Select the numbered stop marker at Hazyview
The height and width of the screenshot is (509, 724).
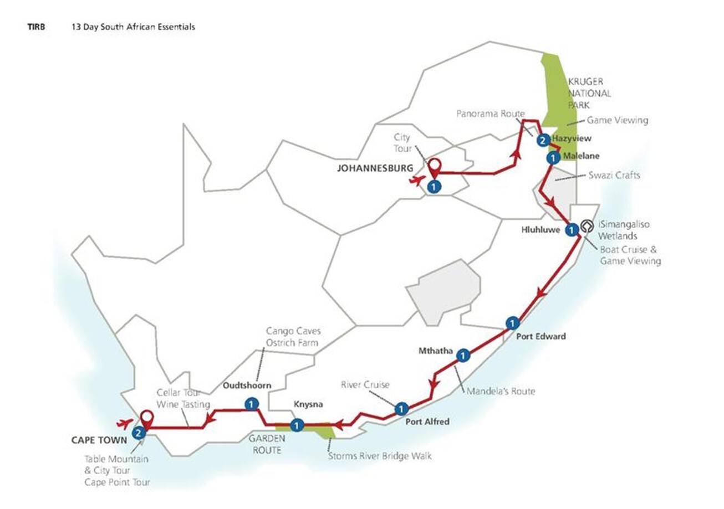tap(544, 140)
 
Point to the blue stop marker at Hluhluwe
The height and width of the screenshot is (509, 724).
tap(570, 229)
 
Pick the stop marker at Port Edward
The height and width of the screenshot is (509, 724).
tap(513, 322)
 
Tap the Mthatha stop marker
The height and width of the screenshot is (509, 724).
tap(463, 355)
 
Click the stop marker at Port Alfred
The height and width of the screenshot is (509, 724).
tap(401, 409)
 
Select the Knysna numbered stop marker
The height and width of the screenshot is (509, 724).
tap(297, 425)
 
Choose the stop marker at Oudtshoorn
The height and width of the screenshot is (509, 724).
tap(252, 404)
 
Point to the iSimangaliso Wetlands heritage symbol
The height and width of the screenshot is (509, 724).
tap(587, 227)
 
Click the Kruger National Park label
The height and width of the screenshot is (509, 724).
tap(589, 93)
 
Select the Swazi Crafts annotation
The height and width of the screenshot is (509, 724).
tap(614, 176)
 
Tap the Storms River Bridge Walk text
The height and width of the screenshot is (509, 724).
tap(379, 456)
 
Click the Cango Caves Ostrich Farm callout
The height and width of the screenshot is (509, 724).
tap(293, 337)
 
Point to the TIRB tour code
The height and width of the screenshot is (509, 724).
tap(36, 26)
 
